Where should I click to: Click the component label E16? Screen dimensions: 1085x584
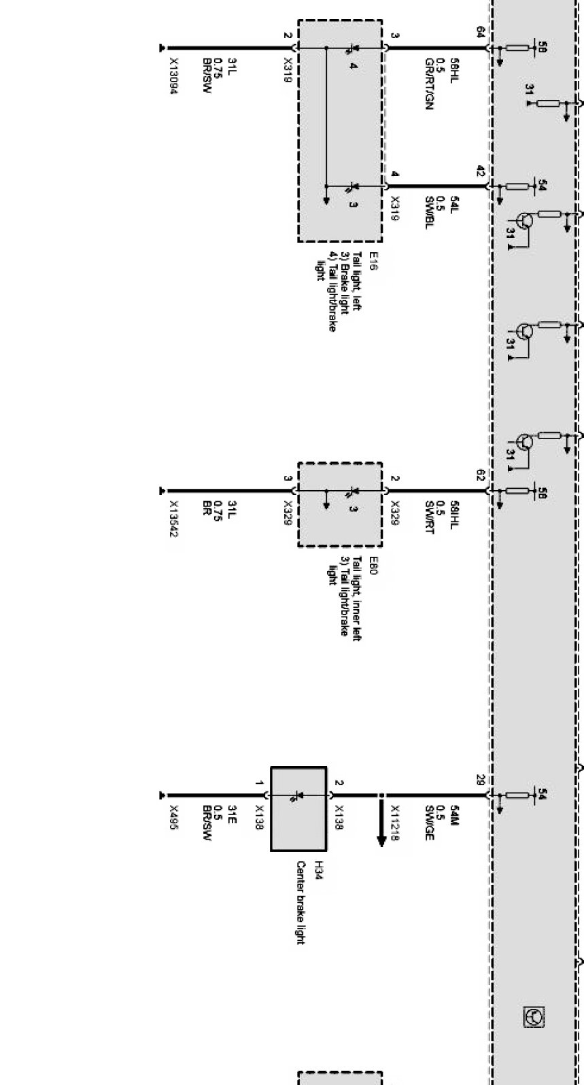(373, 261)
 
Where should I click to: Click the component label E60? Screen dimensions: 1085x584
(373, 566)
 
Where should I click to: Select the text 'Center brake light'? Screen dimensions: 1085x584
(300, 902)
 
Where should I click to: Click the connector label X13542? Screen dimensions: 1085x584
(173, 519)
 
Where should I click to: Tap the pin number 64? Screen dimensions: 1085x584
(481, 31)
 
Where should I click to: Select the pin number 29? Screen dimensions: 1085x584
(481, 779)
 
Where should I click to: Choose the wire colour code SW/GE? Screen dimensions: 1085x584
(428, 823)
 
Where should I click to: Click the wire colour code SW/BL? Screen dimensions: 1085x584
(428, 212)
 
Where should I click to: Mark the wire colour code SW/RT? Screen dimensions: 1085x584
(428, 517)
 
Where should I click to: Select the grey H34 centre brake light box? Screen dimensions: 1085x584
(298, 809)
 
